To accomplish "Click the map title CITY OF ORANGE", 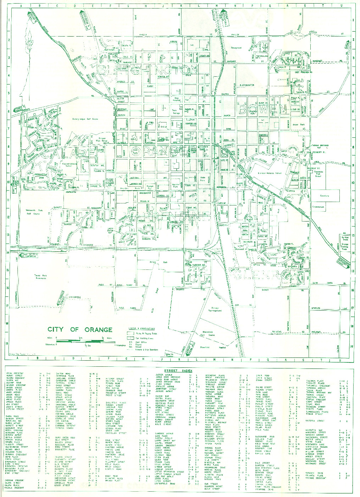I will [x=80, y=329].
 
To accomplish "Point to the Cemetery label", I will [x=325, y=196].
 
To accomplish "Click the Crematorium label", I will [x=318, y=207].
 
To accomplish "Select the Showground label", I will [x=236, y=48].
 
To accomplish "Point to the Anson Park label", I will [x=300, y=125].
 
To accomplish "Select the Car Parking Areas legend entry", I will [x=140, y=338].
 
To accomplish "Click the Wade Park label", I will [x=203, y=179].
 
